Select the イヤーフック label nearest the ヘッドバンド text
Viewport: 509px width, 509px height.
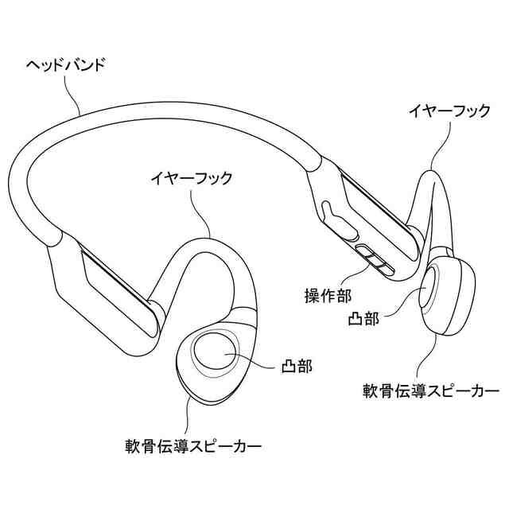pos(191,178)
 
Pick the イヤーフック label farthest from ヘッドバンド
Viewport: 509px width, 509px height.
pos(449,112)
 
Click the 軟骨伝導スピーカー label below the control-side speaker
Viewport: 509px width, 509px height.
pos(430,390)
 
